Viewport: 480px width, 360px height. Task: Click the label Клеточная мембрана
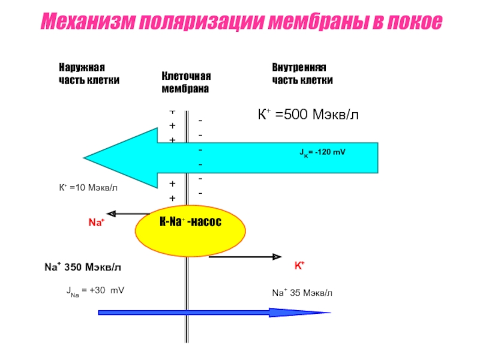[x=185, y=83]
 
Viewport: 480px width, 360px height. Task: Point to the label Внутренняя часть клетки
[x=302, y=74]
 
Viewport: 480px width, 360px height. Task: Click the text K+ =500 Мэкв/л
[x=308, y=114]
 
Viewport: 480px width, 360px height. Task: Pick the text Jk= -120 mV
[x=323, y=152]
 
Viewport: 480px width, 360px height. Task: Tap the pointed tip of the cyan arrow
[x=86, y=158]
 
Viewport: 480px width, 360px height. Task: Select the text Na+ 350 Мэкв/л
[x=87, y=266]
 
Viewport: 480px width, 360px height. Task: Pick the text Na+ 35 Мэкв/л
[x=302, y=293]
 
